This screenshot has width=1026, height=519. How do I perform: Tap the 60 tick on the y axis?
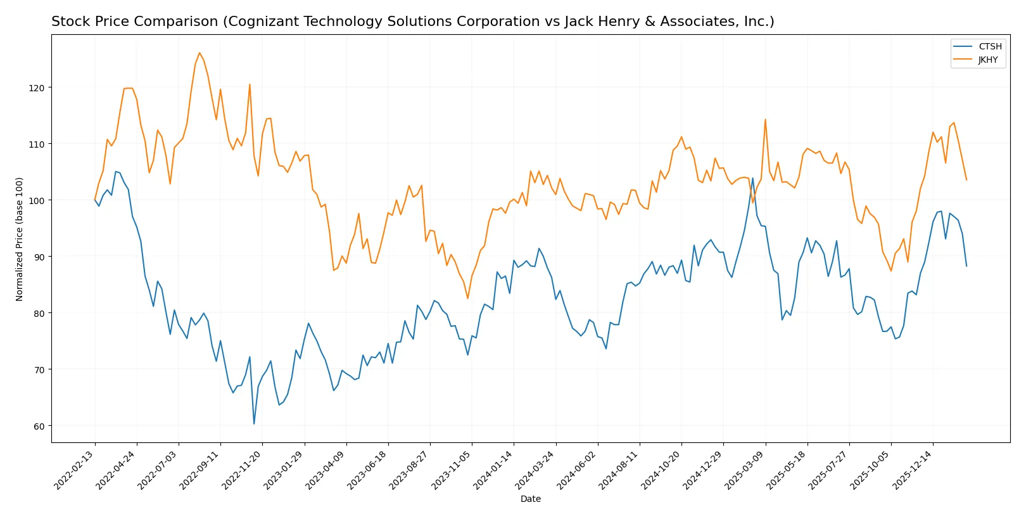39,426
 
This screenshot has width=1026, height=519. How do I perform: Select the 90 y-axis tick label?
39,257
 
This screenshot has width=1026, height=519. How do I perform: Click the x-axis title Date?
530,499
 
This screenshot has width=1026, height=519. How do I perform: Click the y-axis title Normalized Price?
20,239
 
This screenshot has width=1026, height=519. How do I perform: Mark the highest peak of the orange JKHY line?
199,53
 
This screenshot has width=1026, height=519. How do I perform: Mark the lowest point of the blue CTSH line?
254,423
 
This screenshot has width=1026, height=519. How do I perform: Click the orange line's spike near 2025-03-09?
765,119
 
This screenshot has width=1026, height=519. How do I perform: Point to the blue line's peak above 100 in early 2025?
752,178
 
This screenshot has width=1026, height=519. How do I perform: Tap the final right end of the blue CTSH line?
966,266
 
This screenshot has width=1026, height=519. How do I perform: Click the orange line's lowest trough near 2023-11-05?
468,298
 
